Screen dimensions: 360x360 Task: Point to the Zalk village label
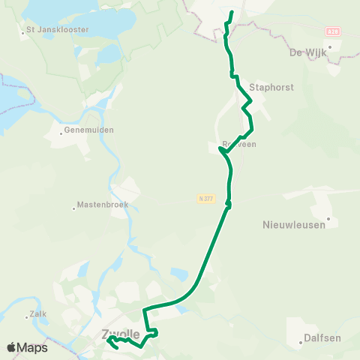coord(38,314)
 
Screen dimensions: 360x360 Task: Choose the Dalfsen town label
coord(322,338)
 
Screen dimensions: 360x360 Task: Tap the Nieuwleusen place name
coord(297,224)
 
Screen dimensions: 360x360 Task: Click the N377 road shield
coord(206,199)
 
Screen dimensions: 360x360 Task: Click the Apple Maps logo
coord(27,347)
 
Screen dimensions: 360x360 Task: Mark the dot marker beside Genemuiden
coord(61,134)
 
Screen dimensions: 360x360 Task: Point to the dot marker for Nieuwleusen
coord(328,219)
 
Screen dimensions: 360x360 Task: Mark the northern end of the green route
coord(231,13)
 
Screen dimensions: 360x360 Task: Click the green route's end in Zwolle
coord(117,347)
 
